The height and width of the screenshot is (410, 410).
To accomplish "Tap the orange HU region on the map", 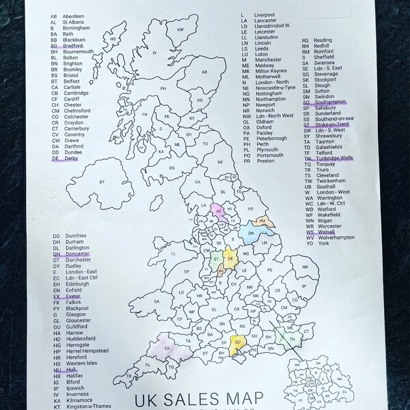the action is pyautogui.click(x=263, y=221).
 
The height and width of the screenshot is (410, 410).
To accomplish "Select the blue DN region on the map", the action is pyautogui.click(x=251, y=234).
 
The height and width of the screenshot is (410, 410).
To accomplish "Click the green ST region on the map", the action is pyautogui.click(x=216, y=260).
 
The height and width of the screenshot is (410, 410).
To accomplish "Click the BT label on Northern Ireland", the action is pyautogui.click(x=103, y=181).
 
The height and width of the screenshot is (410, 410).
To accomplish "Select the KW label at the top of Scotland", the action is pyautogui.click(x=181, y=29).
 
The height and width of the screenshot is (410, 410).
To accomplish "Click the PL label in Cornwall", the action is pyautogui.click(x=147, y=366).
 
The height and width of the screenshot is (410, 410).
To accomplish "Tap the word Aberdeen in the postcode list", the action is pyautogui.click(x=73, y=15).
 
